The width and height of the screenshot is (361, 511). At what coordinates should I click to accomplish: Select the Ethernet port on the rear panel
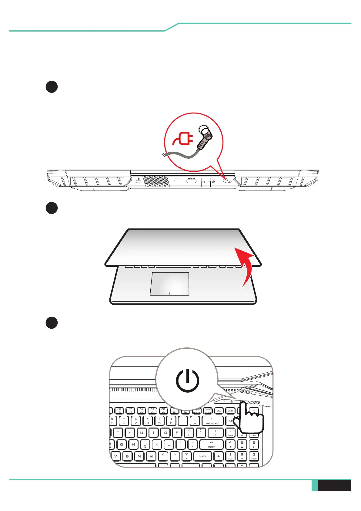tap(206, 181)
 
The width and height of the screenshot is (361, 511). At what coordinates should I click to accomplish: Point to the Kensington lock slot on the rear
tap(139, 181)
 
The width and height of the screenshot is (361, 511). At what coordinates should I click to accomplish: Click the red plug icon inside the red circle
tap(184, 139)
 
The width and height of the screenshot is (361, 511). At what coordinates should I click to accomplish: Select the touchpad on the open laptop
tap(170, 284)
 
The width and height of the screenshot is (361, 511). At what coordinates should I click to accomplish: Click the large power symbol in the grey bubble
tap(188, 381)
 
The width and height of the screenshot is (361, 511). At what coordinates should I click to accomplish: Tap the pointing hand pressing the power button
tap(250, 419)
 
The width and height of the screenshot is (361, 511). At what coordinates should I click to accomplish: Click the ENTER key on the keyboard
tap(211, 445)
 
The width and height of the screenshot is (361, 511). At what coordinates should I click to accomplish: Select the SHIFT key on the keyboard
tap(202, 456)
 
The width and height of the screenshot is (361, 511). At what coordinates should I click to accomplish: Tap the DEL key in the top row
tap(219, 411)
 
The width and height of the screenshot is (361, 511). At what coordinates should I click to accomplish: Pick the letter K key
tap(157, 445)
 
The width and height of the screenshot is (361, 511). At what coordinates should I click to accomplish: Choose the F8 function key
tap(141, 411)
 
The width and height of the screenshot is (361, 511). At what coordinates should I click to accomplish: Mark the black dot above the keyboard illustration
tap(52, 323)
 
